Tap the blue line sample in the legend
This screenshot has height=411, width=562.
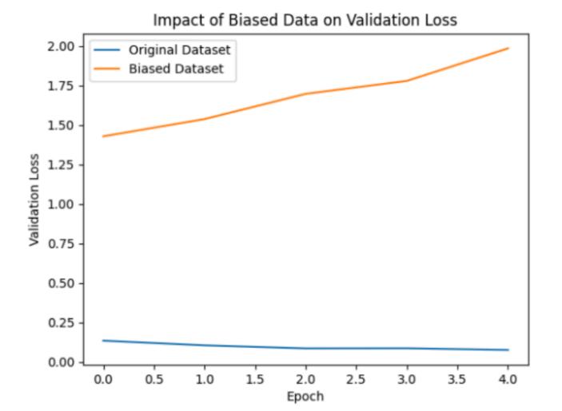[x=107, y=51]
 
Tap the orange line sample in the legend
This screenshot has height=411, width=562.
[x=107, y=69]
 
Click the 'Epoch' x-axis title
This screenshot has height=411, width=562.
[x=306, y=396]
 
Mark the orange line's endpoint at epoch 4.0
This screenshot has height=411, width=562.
[x=508, y=48]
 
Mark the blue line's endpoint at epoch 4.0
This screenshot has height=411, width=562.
[x=508, y=350]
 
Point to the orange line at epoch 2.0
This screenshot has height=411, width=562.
[x=306, y=93]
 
